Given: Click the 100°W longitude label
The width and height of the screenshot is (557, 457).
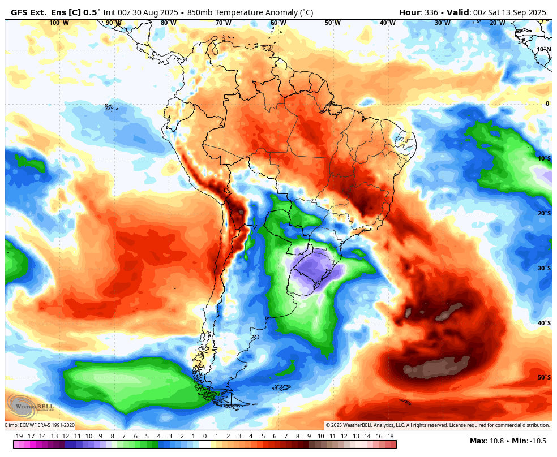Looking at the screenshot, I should click(59, 23).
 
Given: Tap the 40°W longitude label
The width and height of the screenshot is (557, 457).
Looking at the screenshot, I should click(387, 23).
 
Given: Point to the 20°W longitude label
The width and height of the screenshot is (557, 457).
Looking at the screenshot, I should click(497, 23).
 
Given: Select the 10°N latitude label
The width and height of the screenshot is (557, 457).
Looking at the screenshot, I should click(543, 49).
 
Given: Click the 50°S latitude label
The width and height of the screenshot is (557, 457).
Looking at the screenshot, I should click(543, 377).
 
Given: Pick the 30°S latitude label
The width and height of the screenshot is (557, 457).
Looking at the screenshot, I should click(543, 268).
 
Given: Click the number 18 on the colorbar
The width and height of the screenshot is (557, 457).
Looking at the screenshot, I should click(391, 436).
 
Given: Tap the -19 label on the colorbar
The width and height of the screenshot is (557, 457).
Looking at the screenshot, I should click(18, 436).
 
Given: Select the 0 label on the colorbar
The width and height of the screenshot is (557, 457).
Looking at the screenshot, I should click(204, 436).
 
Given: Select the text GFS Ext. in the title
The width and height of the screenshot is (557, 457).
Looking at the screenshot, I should click(29, 12).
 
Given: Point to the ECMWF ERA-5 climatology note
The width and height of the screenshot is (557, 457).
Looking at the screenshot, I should click(40, 425).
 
